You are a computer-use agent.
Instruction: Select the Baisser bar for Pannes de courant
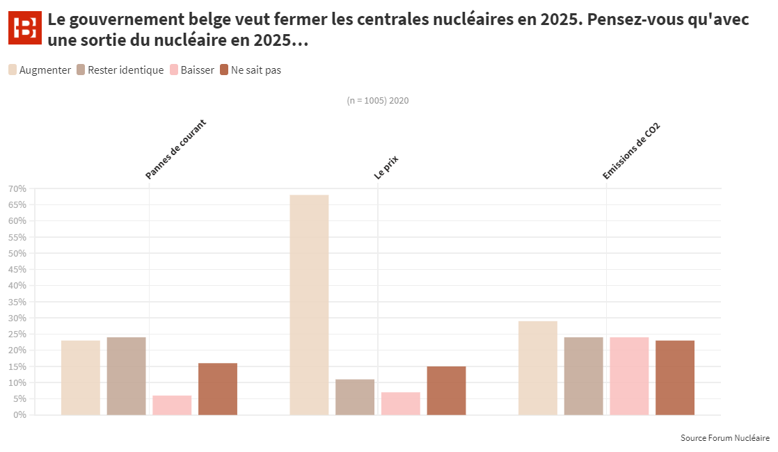point(172,405)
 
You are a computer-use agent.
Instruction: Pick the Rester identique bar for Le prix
point(355,397)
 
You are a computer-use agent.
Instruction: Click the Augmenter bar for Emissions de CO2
point(538,368)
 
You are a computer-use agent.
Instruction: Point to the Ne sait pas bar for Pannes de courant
point(218,389)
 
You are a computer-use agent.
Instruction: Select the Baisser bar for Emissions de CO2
point(629,376)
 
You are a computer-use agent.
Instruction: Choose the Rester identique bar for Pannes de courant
point(126,376)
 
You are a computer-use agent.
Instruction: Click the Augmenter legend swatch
point(13,70)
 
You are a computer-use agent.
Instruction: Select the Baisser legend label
point(197,70)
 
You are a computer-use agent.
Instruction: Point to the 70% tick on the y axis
point(17,189)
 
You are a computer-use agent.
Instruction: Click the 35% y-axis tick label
point(17,302)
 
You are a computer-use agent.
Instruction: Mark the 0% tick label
point(19,415)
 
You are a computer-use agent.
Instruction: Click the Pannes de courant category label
point(175,150)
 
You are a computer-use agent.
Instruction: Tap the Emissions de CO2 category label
point(630,152)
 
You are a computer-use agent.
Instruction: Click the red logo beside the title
point(25,29)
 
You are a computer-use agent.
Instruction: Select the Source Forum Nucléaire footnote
point(725,438)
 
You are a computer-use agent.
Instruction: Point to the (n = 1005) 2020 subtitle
point(377,101)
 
